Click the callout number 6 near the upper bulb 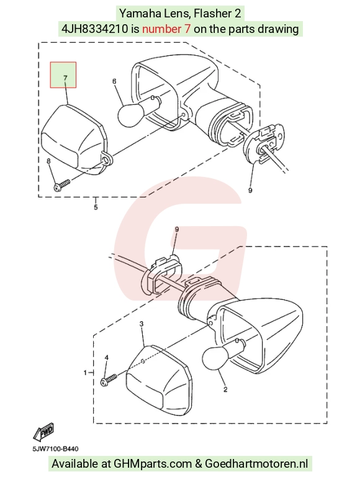114,81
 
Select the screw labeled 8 61,185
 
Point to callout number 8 48,161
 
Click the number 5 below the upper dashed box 96,207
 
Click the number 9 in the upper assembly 250,191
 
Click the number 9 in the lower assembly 177,229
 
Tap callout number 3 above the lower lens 142,324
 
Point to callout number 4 106,358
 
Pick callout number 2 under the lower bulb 225,389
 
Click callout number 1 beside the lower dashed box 86,373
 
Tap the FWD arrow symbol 44,432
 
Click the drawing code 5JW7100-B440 56,448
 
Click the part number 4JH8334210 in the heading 94,29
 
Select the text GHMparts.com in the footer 153,464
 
